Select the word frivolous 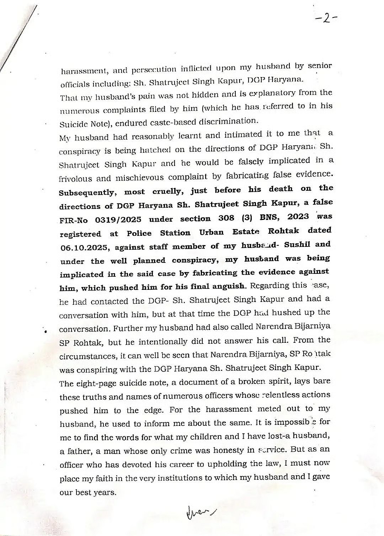click(75, 178)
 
